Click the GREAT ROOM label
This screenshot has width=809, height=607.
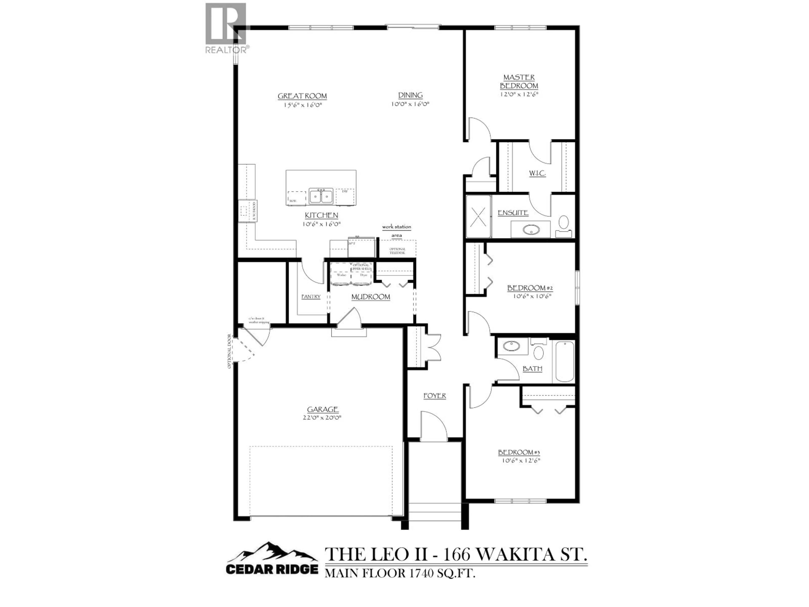(x=302, y=96)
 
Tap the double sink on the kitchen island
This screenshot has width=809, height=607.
(x=321, y=196)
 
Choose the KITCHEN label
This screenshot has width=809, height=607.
(x=321, y=215)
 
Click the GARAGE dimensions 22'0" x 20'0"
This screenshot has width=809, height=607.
(x=322, y=418)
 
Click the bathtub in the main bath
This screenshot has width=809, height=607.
(x=565, y=361)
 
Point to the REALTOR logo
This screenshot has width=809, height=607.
(x=226, y=28)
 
